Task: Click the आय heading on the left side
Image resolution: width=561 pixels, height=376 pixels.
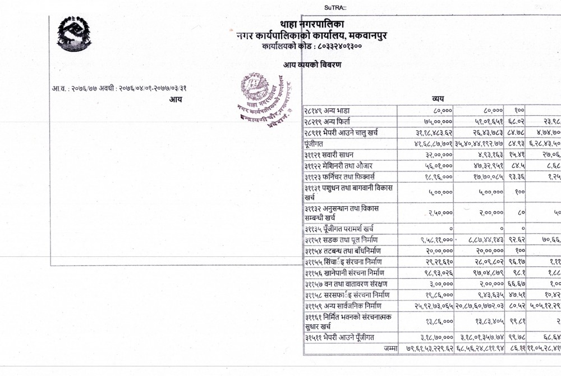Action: (x=175, y=100)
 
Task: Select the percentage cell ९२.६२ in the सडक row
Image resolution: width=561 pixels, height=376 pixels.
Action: (x=514, y=240)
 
